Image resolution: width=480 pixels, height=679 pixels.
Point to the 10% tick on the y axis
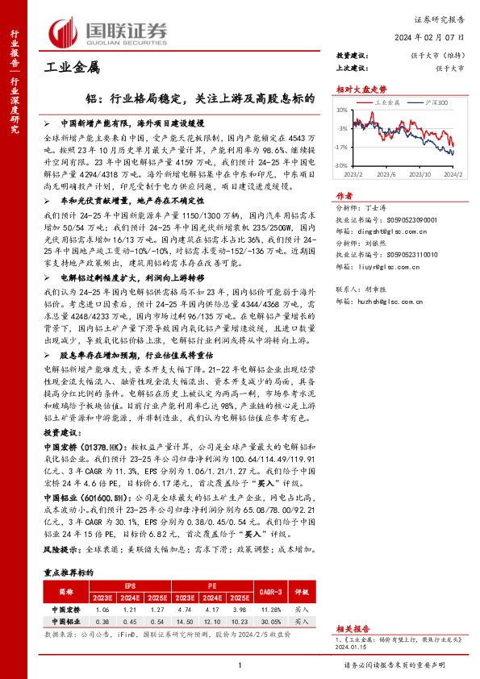[x=342, y=110]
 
